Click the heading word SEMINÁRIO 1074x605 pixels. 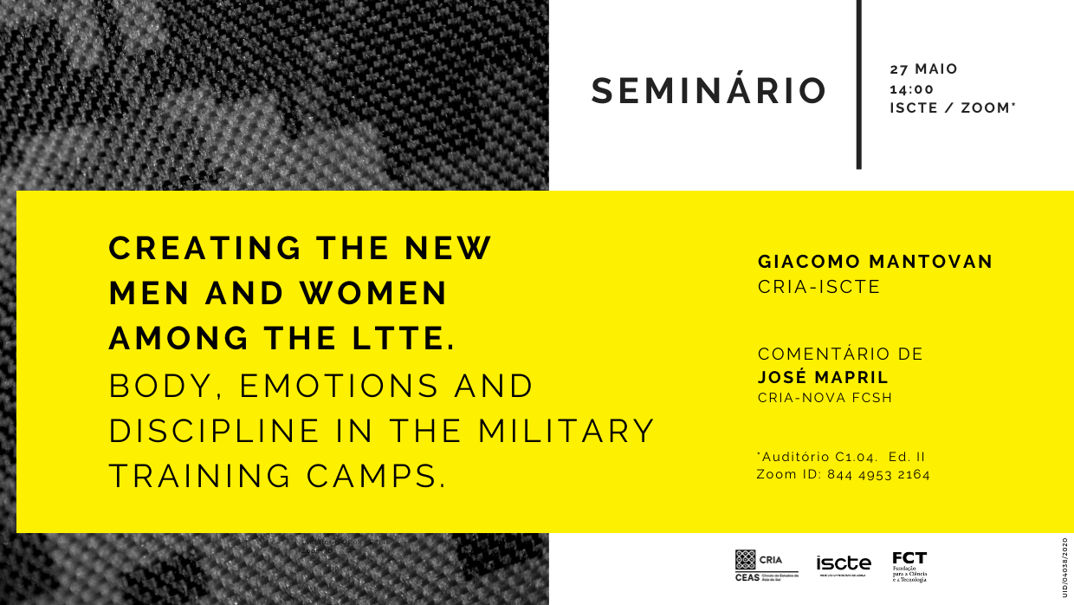point(708,92)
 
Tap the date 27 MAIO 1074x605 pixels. point(924,69)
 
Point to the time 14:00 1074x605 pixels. point(912,88)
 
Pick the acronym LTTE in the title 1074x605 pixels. point(403,339)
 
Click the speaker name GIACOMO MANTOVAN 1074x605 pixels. point(875,262)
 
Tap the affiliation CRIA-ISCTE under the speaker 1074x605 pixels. point(818,287)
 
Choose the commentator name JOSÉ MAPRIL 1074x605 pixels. point(823,377)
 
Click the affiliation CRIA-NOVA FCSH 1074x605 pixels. point(825,398)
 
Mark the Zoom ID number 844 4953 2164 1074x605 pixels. point(878,474)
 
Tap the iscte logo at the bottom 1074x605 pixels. point(844,564)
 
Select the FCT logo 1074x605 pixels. point(909,566)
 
